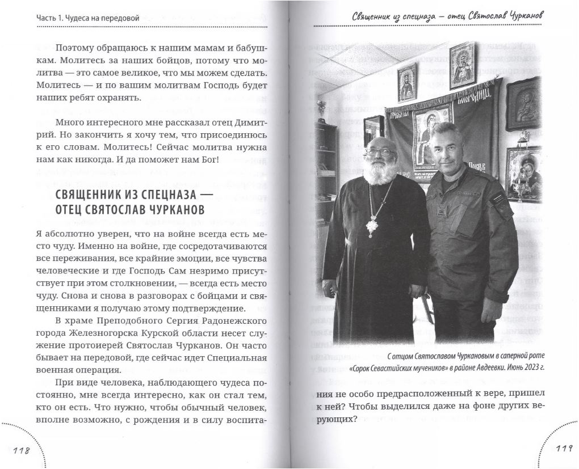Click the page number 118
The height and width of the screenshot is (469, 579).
coord(21,450)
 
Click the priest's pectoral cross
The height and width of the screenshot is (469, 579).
coord(371,227)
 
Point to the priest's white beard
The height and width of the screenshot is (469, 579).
coord(377,171)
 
